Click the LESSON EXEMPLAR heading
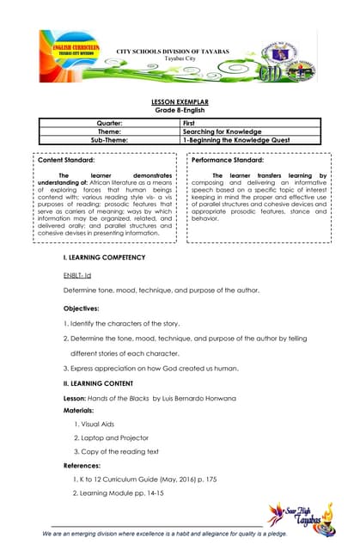click(180, 101)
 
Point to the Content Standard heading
click(67, 161)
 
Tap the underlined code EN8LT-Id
click(67, 274)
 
